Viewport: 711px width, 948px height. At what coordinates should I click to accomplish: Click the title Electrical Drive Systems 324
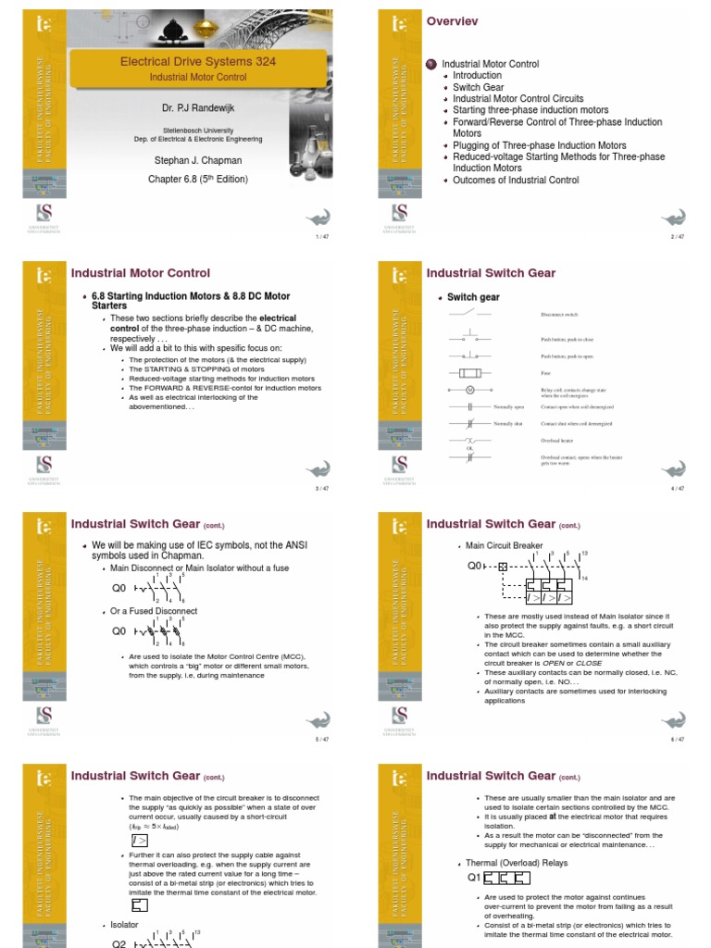coord(198,62)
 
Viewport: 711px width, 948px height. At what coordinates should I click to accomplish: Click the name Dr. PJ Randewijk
coord(198,109)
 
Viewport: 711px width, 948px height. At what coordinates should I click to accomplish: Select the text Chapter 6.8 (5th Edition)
coord(198,179)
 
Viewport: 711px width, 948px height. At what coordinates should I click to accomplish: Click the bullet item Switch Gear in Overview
coord(479,87)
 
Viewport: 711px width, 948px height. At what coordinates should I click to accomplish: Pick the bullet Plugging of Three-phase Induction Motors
coord(539,145)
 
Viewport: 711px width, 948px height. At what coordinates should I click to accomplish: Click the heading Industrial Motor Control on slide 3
coord(141,273)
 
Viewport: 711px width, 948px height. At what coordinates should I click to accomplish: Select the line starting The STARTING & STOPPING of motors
coord(190,368)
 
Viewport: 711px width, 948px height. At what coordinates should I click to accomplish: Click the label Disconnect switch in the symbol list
coord(559,315)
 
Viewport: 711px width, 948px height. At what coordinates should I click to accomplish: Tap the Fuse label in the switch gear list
coord(545,373)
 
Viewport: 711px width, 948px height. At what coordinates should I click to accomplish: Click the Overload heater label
coord(557,441)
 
